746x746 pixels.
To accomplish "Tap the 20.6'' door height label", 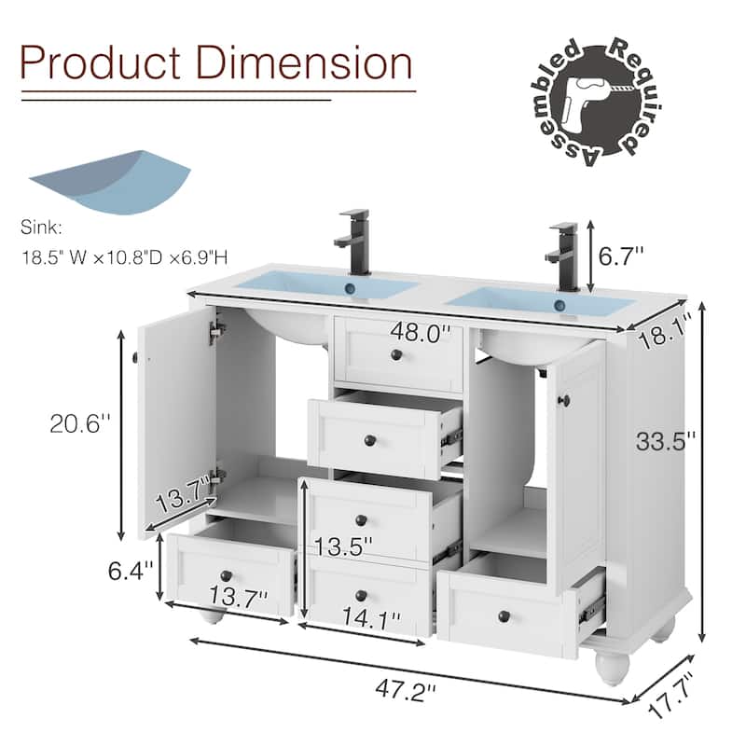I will click(80, 422).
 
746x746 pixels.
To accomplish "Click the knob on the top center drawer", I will click(396, 356).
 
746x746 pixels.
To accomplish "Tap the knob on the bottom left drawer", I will click(225, 575).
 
